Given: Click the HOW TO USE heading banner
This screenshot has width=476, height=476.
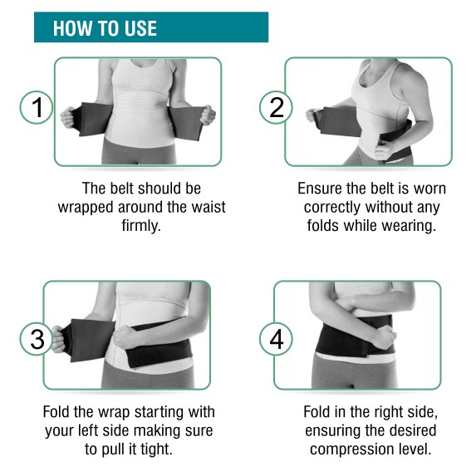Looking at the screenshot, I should click(x=150, y=27).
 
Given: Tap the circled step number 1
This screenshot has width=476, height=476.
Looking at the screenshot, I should click(x=36, y=107).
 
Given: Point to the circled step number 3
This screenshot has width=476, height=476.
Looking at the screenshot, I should click(x=36, y=339).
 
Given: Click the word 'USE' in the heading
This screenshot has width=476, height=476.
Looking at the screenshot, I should click(x=135, y=28).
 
